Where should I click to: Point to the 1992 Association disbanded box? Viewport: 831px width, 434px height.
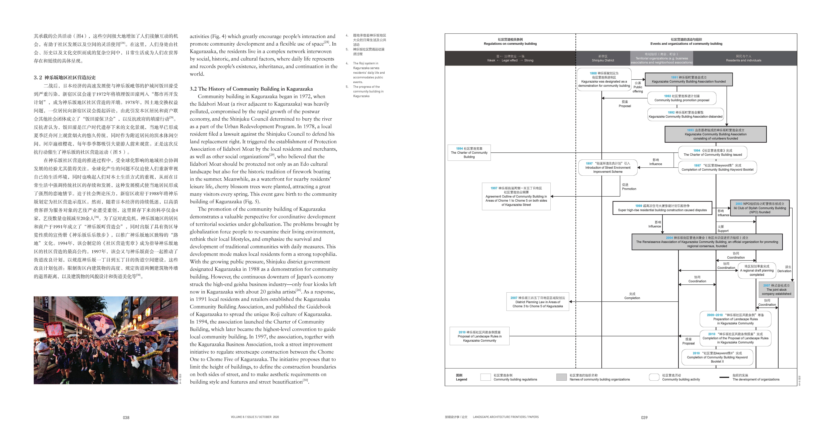click(686, 114)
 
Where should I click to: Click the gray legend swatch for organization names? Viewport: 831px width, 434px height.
click(561, 377)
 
